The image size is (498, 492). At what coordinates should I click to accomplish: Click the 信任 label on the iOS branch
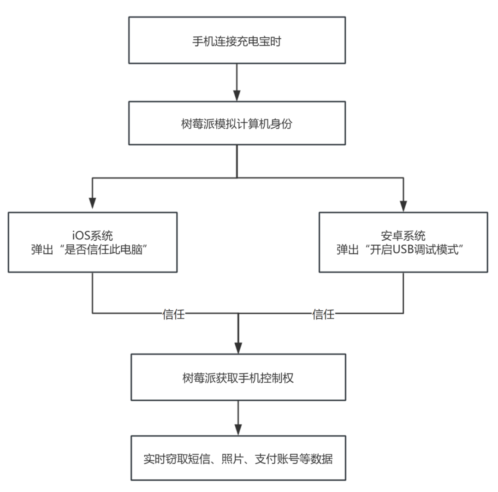[x=173, y=314]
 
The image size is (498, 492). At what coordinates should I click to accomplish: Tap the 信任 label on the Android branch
[x=323, y=314]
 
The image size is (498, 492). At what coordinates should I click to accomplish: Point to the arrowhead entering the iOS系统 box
[x=92, y=203]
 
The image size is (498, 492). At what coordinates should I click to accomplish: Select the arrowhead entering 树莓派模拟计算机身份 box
[x=237, y=95]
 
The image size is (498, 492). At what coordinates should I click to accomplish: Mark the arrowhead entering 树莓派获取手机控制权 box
[x=238, y=348]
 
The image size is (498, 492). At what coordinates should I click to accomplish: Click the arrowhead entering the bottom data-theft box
[x=238, y=430]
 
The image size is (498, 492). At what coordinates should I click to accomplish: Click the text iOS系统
[x=92, y=236]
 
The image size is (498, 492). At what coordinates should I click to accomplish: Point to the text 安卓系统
[x=403, y=236]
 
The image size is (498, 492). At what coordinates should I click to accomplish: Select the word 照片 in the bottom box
[x=232, y=459]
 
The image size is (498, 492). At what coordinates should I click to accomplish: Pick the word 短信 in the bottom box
[x=199, y=459]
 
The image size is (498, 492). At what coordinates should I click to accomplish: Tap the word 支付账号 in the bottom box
[x=277, y=459]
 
